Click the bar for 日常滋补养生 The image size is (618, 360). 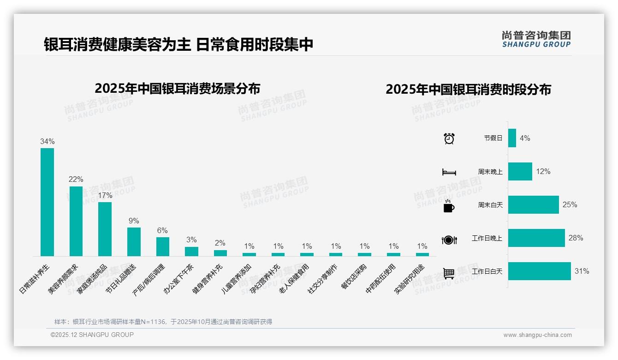(x=47, y=202)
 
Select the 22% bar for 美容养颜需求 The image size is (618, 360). (x=76, y=221)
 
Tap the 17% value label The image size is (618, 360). (x=105, y=195)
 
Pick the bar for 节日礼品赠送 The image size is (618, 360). (x=134, y=241)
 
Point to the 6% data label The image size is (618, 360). (x=162, y=231)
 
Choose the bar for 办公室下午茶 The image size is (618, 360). (x=191, y=251)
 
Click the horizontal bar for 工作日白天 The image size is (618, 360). (x=539, y=271)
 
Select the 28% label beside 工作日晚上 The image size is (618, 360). (x=576, y=238)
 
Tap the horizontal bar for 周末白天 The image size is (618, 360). (x=533, y=205)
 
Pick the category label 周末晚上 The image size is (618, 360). (x=490, y=172)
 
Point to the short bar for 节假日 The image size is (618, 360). (x=512, y=138)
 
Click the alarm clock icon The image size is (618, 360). (x=449, y=138)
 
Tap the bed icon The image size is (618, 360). (x=449, y=172)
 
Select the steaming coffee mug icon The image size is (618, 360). (x=449, y=206)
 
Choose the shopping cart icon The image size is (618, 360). (x=449, y=273)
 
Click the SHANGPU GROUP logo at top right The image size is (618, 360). (x=536, y=39)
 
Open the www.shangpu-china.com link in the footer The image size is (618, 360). (x=537, y=335)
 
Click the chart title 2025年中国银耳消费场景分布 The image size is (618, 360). (x=178, y=89)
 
